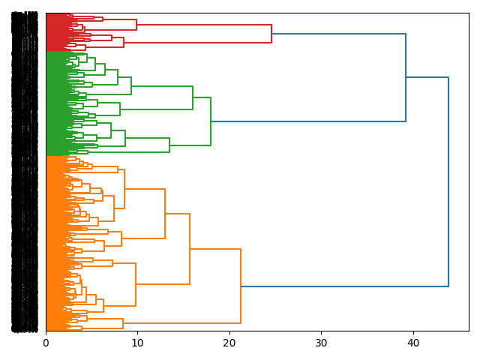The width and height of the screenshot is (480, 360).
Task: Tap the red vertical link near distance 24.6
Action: click(271, 34)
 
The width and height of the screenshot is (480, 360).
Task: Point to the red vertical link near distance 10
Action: click(136, 25)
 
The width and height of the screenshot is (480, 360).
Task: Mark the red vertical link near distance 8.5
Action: click(124, 42)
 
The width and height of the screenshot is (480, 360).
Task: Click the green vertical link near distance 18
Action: click(211, 121)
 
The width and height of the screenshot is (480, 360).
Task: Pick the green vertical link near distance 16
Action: click(193, 98)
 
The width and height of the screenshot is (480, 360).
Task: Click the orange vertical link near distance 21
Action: click(241, 286)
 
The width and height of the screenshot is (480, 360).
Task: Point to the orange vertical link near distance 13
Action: click(165, 214)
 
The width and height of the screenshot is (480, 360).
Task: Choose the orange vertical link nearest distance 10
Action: click(136, 284)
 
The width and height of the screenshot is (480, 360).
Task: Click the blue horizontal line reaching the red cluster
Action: click(338, 34)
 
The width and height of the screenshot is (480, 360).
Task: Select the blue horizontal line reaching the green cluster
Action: click(308, 121)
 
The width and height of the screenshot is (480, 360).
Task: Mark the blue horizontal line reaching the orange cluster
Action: click(345, 286)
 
